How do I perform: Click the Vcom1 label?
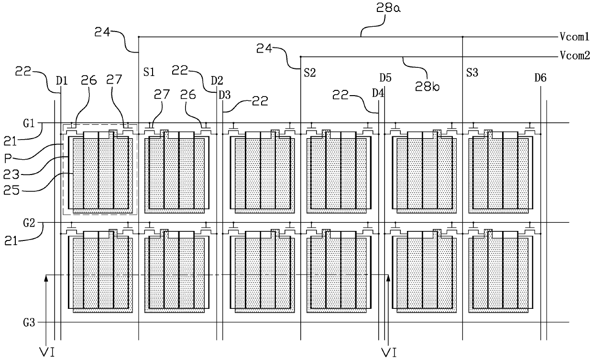click(x=574, y=36)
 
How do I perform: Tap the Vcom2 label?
click(x=575, y=55)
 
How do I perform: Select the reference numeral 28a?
click(x=388, y=8)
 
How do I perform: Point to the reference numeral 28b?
click(x=427, y=86)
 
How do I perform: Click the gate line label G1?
click(x=29, y=123)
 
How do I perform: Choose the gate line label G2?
click(x=29, y=223)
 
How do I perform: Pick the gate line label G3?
click(x=29, y=323)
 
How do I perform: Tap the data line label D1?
click(x=62, y=80)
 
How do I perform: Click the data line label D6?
click(x=540, y=78)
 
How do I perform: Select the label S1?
click(x=149, y=72)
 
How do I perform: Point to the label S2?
click(x=310, y=73)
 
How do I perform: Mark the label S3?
click(x=472, y=73)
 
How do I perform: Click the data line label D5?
click(x=385, y=78)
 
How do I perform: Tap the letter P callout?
click(x=8, y=159)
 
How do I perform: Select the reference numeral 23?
click(x=11, y=175)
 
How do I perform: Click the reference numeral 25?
click(x=11, y=190)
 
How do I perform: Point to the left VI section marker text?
click(x=47, y=352)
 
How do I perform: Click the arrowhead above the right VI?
click(x=388, y=278)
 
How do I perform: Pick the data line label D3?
click(x=224, y=95)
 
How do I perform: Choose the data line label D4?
click(x=378, y=93)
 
